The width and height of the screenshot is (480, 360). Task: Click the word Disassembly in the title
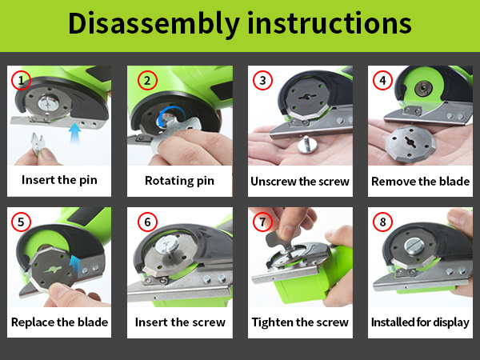[154, 24]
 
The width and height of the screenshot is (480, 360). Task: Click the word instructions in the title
[330, 22]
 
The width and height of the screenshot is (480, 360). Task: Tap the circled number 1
[21, 81]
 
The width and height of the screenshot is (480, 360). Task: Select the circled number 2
[147, 81]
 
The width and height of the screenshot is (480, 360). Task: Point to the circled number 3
[262, 81]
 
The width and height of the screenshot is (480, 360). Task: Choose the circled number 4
[382, 81]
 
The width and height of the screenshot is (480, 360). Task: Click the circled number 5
[21, 222]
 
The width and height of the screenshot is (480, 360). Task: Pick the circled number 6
[147, 222]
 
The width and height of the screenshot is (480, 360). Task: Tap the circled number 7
[262, 222]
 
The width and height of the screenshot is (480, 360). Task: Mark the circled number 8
[382, 222]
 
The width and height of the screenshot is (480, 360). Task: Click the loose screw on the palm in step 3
[306, 145]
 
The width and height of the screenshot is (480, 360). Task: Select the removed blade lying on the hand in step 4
[410, 145]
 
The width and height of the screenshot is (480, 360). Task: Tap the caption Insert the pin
[59, 180]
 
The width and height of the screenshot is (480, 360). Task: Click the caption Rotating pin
[179, 181]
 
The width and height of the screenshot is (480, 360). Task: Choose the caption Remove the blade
[420, 182]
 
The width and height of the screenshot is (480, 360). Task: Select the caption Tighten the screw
[300, 322]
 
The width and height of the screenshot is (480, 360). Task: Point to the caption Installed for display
[420, 322]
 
